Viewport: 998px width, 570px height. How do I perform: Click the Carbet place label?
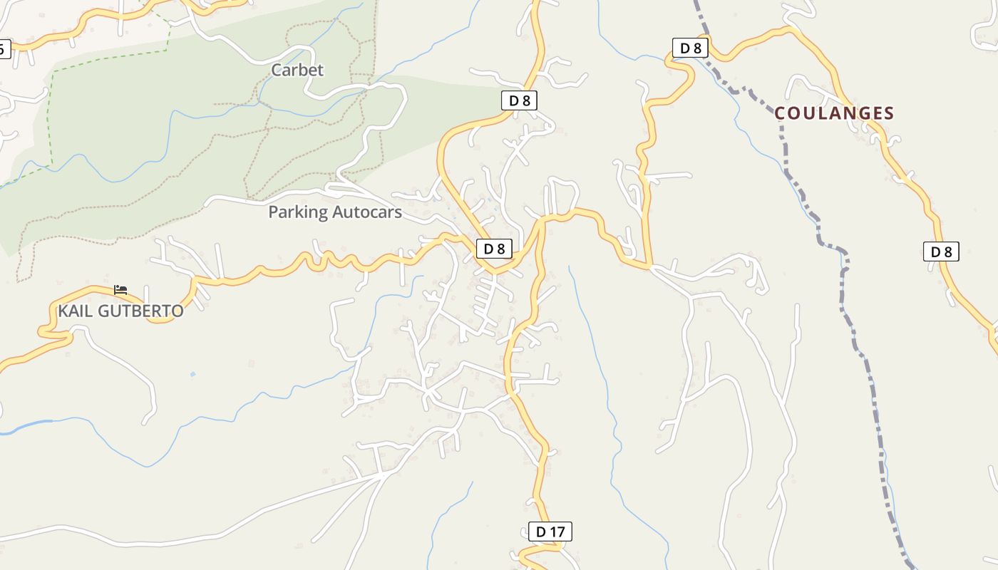[297, 70]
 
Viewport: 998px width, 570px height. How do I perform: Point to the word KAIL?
[73, 311]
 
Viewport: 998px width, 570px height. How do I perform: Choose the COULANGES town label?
[834, 113]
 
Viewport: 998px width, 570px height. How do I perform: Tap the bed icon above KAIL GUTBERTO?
[120, 290]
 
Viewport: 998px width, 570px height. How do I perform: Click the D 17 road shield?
[550, 531]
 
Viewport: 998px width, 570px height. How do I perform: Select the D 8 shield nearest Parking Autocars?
[494, 249]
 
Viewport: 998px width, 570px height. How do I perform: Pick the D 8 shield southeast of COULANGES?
[941, 252]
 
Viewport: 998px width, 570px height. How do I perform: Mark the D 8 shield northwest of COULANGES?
[690, 48]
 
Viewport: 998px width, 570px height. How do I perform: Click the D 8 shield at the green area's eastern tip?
[519, 100]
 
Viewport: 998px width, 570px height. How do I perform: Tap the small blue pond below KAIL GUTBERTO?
[192, 373]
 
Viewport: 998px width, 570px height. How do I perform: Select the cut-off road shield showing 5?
[4, 49]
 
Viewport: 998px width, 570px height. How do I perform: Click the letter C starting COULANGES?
[780, 113]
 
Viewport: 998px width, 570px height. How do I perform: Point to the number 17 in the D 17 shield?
[557, 531]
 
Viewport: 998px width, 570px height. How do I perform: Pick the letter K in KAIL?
[63, 311]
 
